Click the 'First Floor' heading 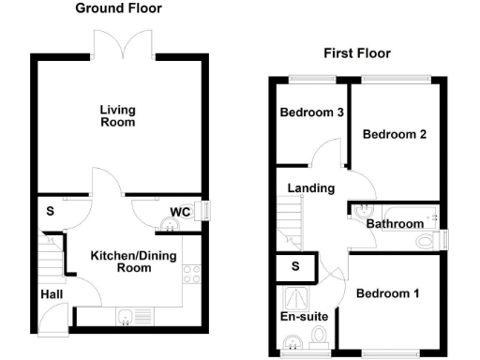357,53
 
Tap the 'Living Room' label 118,115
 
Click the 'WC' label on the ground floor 181,212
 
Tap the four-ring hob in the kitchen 192,274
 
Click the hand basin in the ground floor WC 170,223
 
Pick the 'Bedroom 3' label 311,113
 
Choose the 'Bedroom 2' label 395,134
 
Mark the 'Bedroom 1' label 387,293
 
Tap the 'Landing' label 310,188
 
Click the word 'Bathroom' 395,225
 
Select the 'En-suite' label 305,317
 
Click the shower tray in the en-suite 295,297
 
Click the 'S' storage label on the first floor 295,266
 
